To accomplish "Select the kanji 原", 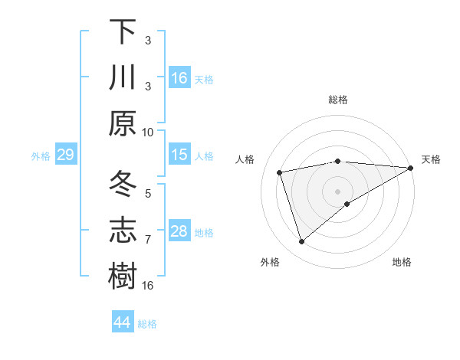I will click(x=123, y=123).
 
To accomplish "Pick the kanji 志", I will click(x=123, y=231).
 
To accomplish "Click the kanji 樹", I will click(x=123, y=277).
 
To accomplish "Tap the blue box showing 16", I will click(x=179, y=78).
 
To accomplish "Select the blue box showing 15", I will click(x=179, y=155).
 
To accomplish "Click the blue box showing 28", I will click(x=179, y=231).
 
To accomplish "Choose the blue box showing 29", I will click(x=65, y=155).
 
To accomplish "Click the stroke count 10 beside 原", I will click(x=148, y=132).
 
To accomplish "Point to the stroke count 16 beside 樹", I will click(x=148, y=286).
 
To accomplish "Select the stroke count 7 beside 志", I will click(x=148, y=240).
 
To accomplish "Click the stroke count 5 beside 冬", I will click(x=148, y=194).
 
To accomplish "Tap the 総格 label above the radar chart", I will click(x=338, y=100).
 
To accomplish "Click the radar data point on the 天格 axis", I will click(x=411, y=168).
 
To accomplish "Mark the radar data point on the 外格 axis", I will click(x=302, y=242).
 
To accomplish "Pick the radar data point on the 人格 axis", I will click(x=281, y=172).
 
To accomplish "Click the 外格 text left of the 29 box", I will click(x=41, y=156).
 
